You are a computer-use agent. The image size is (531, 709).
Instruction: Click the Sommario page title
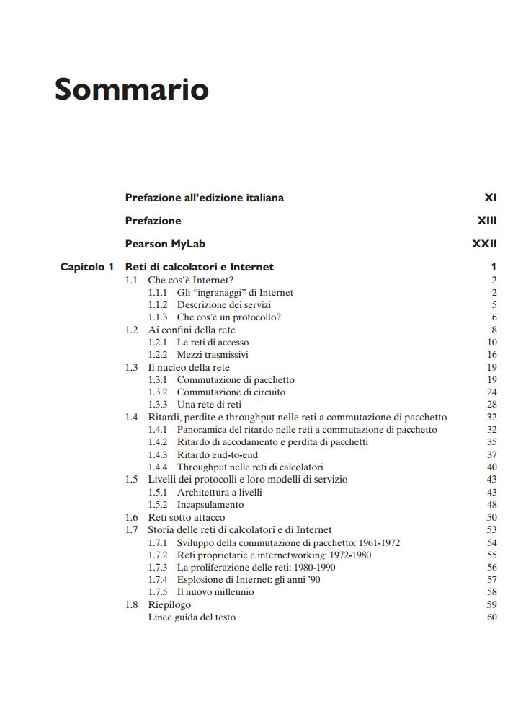click(x=132, y=89)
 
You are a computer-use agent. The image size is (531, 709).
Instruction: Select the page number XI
click(x=491, y=198)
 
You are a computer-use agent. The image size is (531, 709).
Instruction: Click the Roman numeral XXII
click(x=484, y=244)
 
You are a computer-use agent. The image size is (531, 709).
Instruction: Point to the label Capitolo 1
click(x=86, y=267)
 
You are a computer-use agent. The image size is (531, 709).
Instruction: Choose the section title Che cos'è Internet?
click(x=190, y=280)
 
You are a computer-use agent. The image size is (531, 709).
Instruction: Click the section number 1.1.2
click(x=158, y=305)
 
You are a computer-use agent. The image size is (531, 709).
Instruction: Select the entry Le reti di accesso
click(x=213, y=343)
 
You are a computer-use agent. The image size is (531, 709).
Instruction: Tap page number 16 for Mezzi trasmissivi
click(x=492, y=355)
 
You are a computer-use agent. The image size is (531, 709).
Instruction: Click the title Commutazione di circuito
click(x=231, y=392)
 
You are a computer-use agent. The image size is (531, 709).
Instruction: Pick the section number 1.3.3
click(x=158, y=405)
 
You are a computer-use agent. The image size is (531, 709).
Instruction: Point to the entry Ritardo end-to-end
click(x=217, y=455)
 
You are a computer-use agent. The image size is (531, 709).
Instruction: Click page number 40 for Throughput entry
click(x=492, y=467)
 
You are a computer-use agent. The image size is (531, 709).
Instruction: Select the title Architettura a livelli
click(x=219, y=493)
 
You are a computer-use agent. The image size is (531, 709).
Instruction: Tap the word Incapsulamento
click(x=210, y=505)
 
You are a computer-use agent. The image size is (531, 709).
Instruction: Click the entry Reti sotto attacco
click(x=186, y=517)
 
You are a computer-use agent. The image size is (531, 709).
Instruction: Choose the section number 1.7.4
click(x=158, y=579)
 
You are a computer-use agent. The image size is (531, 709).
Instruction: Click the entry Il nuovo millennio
click(x=215, y=592)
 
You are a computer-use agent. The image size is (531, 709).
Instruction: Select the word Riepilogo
click(x=169, y=604)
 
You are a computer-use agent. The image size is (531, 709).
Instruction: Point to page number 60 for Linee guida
click(x=492, y=617)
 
